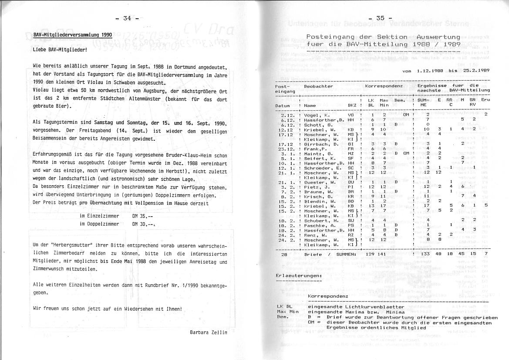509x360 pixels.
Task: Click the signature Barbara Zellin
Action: [x=209, y=332]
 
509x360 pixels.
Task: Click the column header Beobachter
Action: [x=318, y=86]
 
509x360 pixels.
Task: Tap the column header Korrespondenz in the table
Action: [x=384, y=86]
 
